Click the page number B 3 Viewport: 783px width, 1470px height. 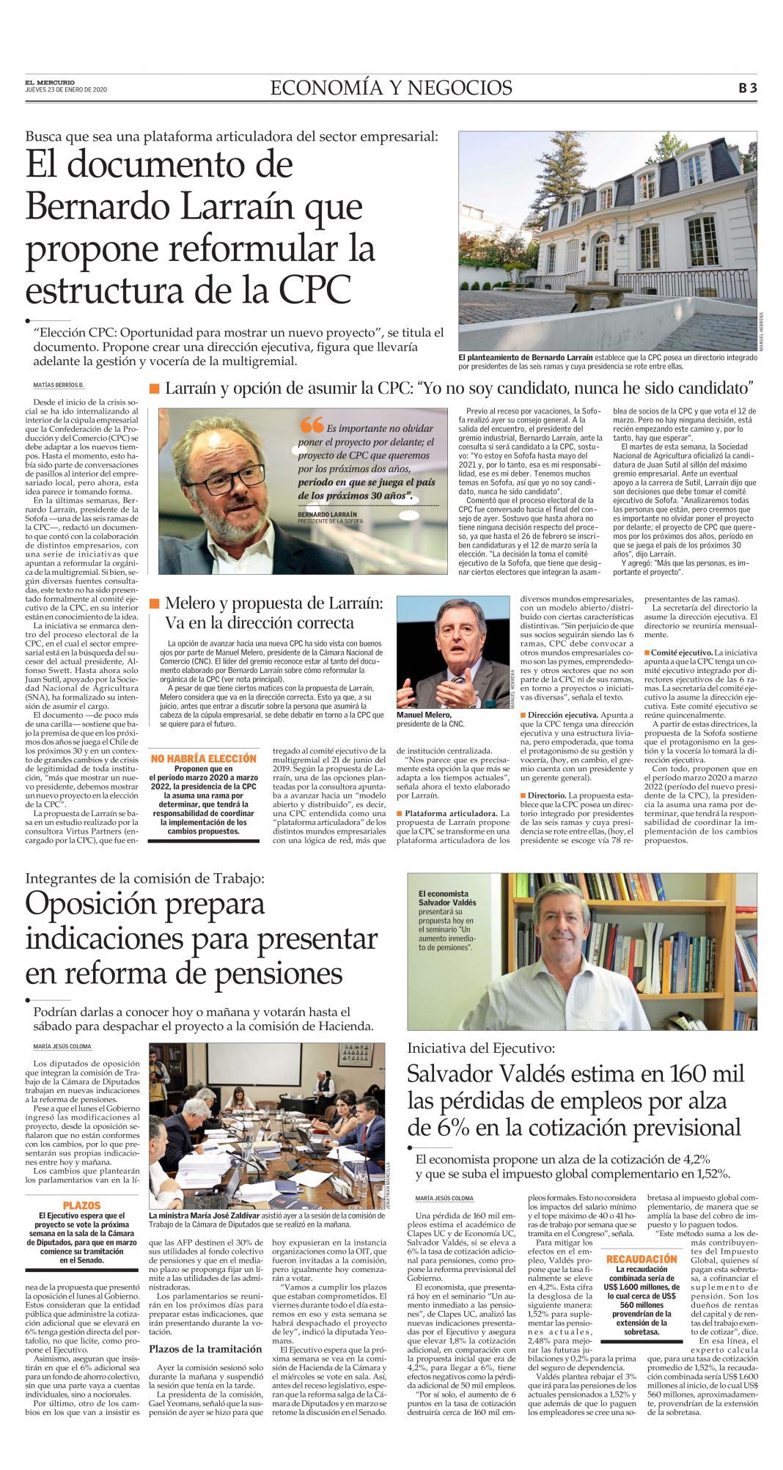pos(747,88)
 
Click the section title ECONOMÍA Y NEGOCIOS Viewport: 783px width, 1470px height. pos(391,88)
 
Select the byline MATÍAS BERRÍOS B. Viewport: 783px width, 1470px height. pos(59,385)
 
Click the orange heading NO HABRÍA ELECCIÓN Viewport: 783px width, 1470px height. pos(203,758)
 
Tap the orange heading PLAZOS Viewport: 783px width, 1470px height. pos(81,1205)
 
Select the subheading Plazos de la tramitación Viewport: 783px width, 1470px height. pos(205,1348)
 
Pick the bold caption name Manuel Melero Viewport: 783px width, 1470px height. pos(424,714)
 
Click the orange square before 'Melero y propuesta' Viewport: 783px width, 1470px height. pos(154,603)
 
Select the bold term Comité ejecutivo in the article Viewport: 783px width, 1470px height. pos(681,652)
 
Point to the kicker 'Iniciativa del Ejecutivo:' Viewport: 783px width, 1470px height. pos(481,1048)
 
